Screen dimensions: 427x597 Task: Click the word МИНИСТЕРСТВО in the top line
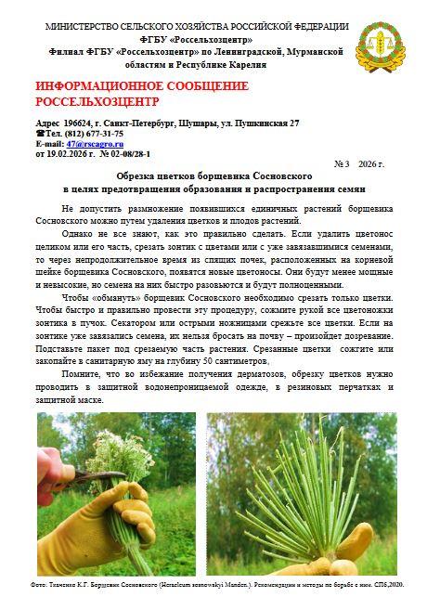[x=84, y=27]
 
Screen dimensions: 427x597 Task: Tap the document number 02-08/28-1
[x=132, y=153]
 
